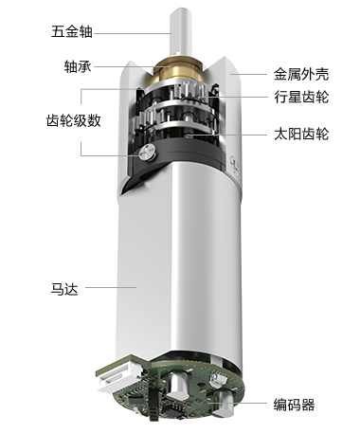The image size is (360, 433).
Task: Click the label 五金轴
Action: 72,32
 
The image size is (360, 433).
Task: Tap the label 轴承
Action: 78,66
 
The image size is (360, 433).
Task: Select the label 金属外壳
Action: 301,75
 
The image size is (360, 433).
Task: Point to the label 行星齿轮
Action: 301,97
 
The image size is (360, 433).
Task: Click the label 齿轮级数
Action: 74,120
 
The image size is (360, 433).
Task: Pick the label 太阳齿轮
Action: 301,135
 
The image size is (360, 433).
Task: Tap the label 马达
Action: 64,289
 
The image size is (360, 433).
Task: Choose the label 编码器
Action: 294,405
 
